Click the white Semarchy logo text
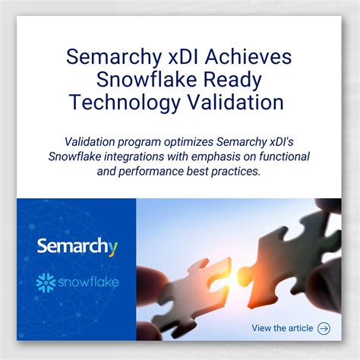74,248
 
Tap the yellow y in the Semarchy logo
113,249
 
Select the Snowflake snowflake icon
46,284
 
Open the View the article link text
282,328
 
